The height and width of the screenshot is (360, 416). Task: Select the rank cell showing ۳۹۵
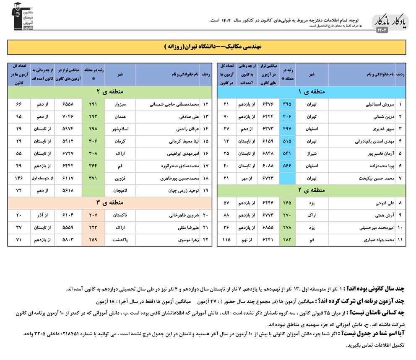point(287,104)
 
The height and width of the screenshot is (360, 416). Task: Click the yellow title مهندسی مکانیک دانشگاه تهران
point(208,47)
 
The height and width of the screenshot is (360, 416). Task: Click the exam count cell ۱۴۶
point(18,178)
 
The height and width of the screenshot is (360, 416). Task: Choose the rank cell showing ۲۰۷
point(93,215)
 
